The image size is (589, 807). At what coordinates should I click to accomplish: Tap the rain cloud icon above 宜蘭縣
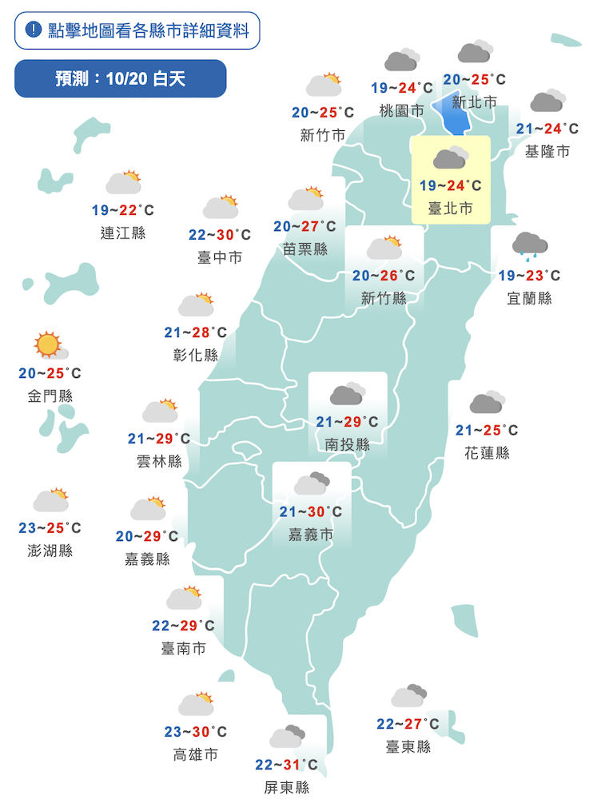[x=529, y=245]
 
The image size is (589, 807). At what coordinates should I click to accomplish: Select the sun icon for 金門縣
[x=49, y=346]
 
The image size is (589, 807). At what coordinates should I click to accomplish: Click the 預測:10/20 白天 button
[x=121, y=78]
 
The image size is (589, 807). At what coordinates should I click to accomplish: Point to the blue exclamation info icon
[x=33, y=30]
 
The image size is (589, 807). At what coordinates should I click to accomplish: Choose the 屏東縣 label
[x=286, y=788]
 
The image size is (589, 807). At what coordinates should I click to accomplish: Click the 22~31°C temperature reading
[x=286, y=765]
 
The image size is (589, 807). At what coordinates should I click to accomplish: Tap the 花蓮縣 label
[x=486, y=453]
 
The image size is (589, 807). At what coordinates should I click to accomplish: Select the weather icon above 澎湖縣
[x=51, y=500]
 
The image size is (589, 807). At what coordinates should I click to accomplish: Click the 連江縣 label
[x=123, y=233]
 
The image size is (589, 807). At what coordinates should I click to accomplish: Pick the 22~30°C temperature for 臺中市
[x=220, y=234]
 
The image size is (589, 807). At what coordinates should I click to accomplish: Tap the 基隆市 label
[x=547, y=151]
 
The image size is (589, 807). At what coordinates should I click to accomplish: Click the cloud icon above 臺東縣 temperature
[x=409, y=696]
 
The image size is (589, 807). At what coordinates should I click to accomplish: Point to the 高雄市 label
[x=195, y=754]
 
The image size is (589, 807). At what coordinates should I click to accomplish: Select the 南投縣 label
[x=348, y=445]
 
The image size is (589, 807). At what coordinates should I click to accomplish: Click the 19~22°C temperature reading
[x=123, y=210]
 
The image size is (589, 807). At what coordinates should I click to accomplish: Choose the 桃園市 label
[x=401, y=111]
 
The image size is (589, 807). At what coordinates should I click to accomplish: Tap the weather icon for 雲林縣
[x=160, y=411]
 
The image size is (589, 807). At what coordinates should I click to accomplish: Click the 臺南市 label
[x=183, y=649]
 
